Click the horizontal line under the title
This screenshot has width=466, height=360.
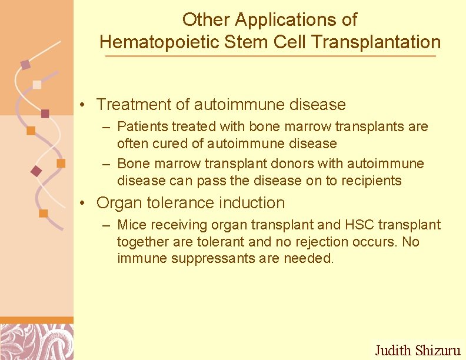tap(270, 56)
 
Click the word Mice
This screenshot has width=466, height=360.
tap(130, 225)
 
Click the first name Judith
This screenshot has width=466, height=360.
tap(394, 351)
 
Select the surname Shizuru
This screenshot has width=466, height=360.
tap(437, 351)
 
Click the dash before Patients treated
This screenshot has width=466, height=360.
tap(106, 127)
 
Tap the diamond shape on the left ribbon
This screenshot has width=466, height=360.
tap(36, 171)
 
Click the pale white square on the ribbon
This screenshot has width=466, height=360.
tap(37, 84)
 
